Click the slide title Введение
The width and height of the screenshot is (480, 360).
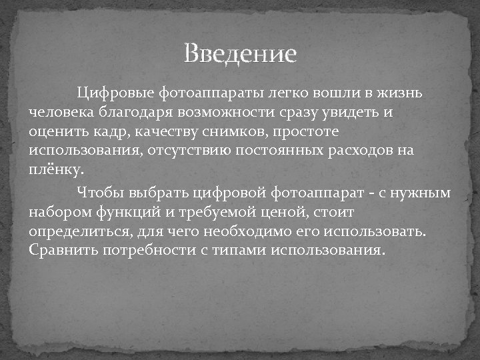point(240,53)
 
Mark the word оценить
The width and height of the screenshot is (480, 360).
point(56,131)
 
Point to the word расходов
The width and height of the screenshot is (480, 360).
point(362,150)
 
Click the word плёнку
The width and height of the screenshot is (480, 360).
point(57,169)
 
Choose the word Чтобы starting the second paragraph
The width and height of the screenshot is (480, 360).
point(98,193)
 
